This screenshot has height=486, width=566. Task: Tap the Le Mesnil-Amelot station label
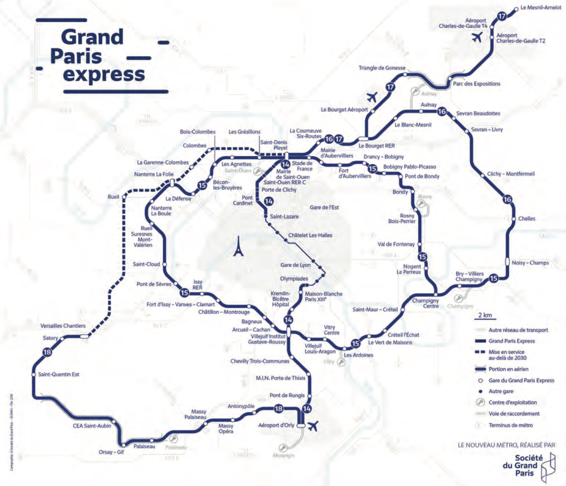coord(541,8)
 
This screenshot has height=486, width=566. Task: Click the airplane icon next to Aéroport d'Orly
coord(313,426)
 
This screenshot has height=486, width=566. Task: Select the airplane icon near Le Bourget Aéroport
coord(372,97)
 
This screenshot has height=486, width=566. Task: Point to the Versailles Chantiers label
coord(63,326)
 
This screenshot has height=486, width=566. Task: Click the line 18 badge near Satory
coord(47,352)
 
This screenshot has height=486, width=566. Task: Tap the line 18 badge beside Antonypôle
coord(278,409)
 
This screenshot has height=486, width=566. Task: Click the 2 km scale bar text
coord(485,315)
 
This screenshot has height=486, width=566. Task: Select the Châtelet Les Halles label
coord(310,235)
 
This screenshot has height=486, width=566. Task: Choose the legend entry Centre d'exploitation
coord(512,402)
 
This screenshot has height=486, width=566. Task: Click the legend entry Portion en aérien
coord(508,369)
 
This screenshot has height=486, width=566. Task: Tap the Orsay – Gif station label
coord(111,452)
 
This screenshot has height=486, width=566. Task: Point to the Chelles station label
coord(527,218)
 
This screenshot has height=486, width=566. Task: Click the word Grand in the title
coord(92,37)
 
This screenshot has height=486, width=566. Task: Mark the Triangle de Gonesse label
coord(382,68)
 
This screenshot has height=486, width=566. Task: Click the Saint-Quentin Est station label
coord(59,374)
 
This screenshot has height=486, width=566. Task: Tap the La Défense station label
coord(178,198)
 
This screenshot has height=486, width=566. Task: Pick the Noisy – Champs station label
coord(530,263)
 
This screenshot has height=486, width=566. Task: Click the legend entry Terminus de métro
coord(510,425)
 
